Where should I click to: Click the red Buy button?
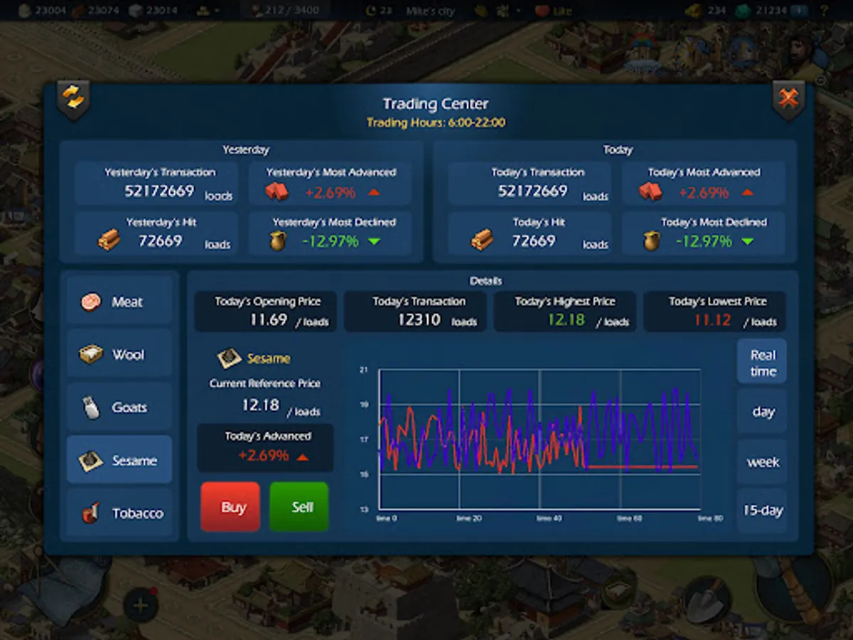click(230, 507)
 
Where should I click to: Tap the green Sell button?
click(299, 507)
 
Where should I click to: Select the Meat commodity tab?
click(119, 302)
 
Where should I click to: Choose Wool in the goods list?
click(119, 354)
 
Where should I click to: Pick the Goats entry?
click(119, 407)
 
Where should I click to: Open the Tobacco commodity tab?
click(119, 513)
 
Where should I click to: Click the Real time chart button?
click(762, 363)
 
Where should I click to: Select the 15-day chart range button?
click(762, 511)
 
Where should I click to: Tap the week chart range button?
click(762, 462)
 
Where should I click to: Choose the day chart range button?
click(762, 412)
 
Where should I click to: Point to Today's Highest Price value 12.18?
click(567, 320)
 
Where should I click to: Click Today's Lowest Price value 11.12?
click(712, 320)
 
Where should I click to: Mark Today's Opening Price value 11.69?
click(268, 320)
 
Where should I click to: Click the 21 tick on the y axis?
click(364, 370)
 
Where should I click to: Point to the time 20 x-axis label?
click(468, 519)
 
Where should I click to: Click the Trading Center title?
click(435, 105)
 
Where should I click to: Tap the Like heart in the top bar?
click(543, 11)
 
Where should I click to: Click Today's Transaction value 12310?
click(419, 320)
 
